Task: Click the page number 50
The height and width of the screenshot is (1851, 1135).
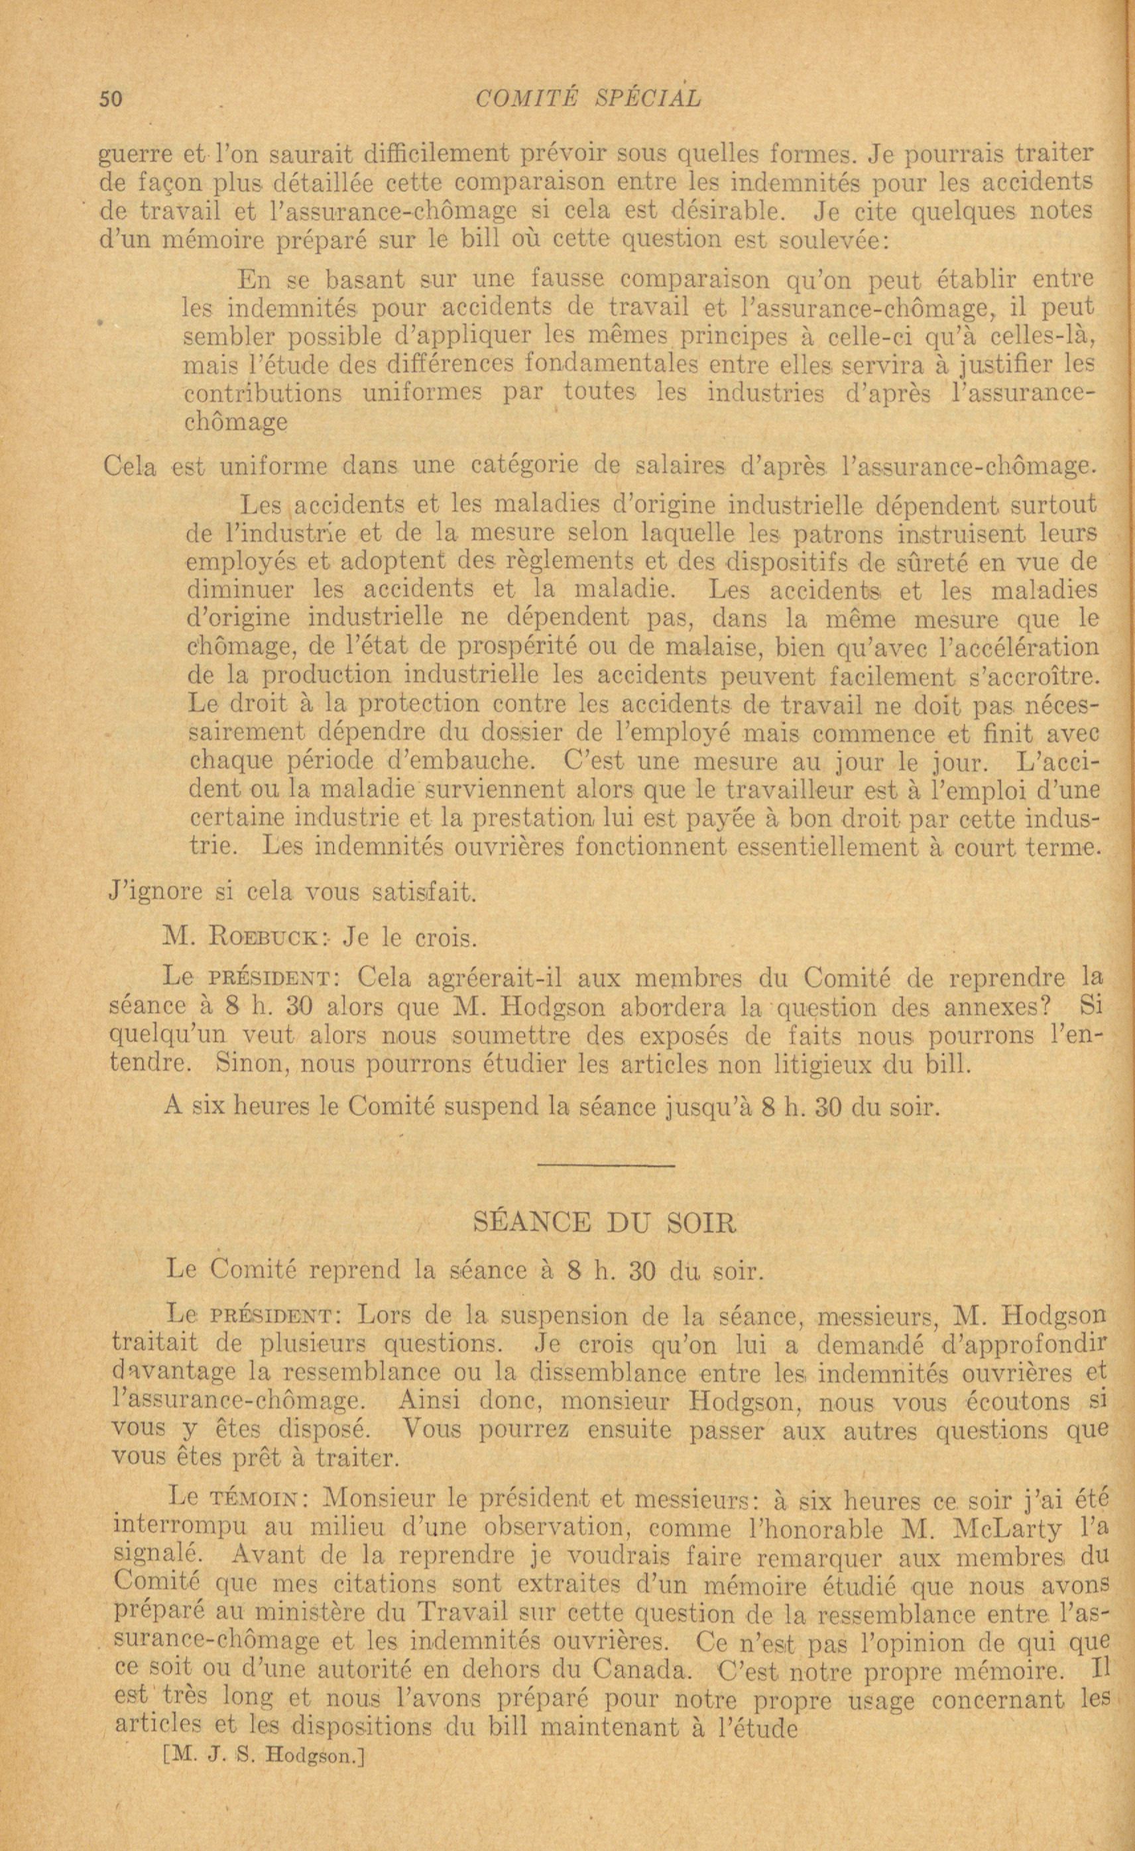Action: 111,99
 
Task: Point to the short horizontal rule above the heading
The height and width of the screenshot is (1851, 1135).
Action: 606,1165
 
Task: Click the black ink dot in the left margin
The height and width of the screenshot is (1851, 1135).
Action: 99,321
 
